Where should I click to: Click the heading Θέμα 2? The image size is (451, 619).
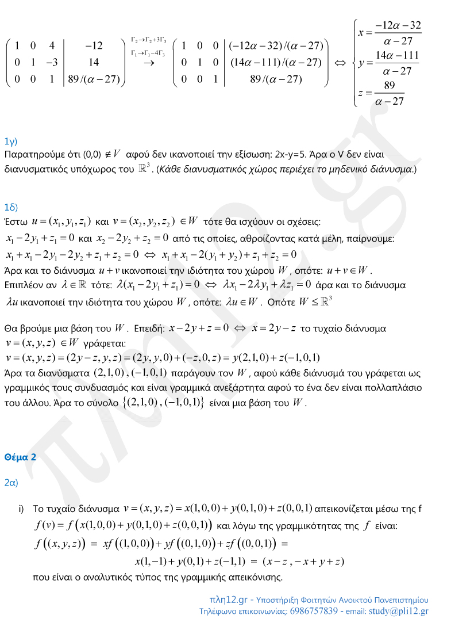20,457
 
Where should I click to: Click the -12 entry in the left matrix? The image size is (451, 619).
93,45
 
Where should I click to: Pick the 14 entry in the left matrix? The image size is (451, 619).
93,62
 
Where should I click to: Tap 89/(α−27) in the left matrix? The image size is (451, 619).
93,79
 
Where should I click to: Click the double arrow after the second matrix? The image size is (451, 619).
340,62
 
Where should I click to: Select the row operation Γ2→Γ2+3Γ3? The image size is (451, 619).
149,40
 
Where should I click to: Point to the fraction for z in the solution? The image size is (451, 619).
390,93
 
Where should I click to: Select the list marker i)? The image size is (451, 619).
21,509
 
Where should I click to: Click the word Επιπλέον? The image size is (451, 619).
22,285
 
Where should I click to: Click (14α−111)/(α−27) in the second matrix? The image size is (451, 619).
275,62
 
